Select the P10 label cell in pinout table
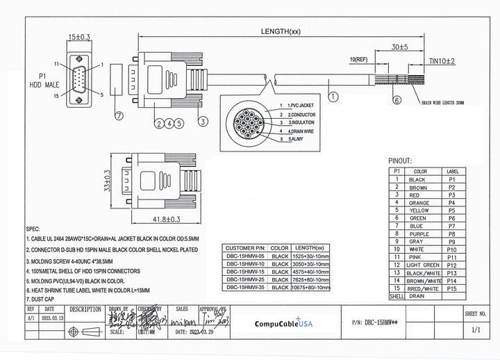pos(452,249)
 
